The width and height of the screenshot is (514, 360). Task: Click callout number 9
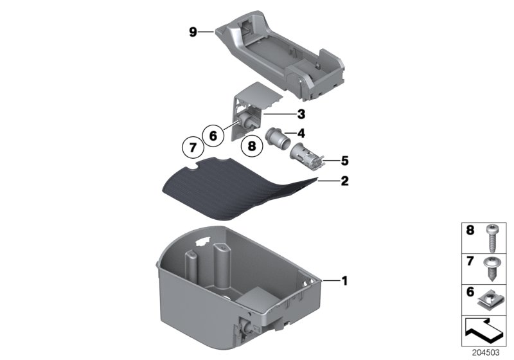(x=193, y=32)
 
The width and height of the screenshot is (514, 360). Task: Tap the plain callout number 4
(x=301, y=134)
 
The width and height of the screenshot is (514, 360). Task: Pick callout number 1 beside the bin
(x=344, y=280)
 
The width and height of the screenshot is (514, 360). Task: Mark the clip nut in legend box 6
(x=493, y=298)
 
